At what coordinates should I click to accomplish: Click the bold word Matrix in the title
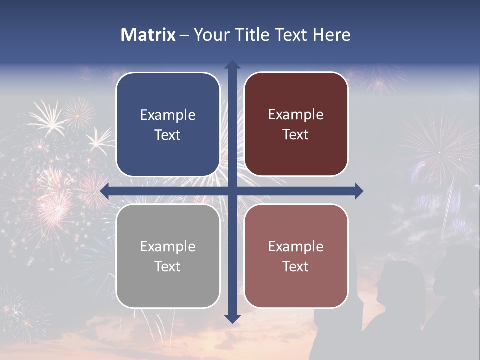click(148, 35)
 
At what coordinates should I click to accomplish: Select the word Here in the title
click(331, 35)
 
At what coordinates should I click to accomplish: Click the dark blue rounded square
click(168, 125)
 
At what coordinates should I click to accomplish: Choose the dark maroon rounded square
click(296, 124)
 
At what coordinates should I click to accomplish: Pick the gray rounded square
click(168, 256)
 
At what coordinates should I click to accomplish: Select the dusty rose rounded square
click(296, 256)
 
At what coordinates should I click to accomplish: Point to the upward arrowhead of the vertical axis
click(232, 65)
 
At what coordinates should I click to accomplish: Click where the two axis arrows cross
click(232, 191)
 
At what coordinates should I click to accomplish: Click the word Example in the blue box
click(168, 115)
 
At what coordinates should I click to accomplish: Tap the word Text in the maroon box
click(296, 135)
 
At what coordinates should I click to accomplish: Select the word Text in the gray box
click(168, 266)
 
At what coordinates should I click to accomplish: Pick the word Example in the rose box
click(296, 246)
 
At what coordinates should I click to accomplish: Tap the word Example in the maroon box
click(296, 115)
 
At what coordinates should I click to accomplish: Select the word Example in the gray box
click(168, 247)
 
